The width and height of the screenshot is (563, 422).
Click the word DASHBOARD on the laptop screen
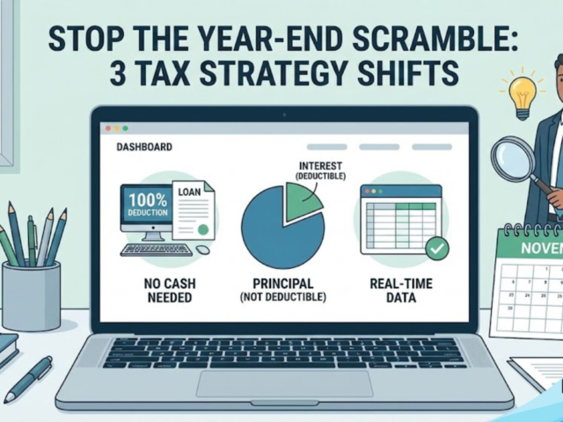(144, 147)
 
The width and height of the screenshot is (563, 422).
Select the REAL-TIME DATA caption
(395, 291)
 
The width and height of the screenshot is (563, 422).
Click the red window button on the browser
(108, 128)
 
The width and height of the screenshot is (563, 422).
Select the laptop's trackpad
(283, 383)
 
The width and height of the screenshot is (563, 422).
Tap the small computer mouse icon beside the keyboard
(203, 250)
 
